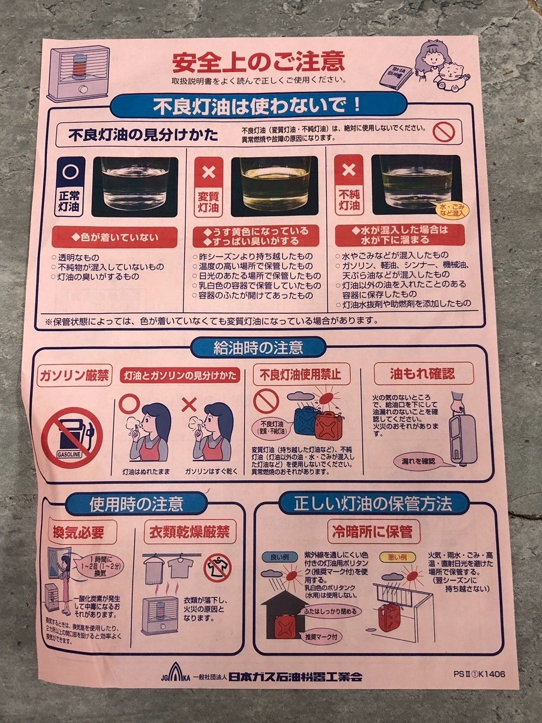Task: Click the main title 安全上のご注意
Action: click(x=258, y=62)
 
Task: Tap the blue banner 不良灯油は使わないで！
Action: click(x=258, y=106)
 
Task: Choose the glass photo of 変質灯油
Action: click(x=274, y=187)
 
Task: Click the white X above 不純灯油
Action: click(x=349, y=169)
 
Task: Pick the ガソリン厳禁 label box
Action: click(x=74, y=376)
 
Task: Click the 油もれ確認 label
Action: click(x=422, y=374)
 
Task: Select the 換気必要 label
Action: click(x=79, y=532)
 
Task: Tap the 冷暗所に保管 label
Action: click(x=372, y=532)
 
